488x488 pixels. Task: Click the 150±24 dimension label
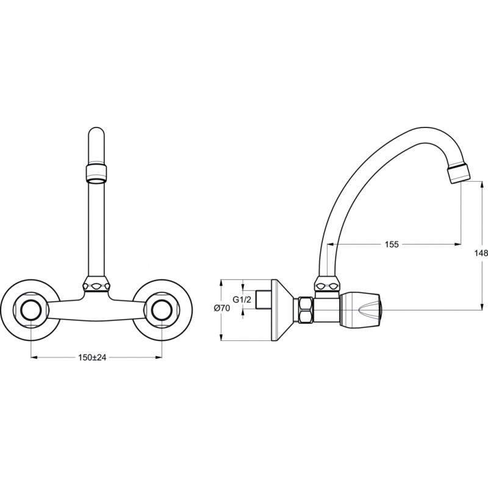click(92, 357)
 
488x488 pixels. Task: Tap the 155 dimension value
click(392, 245)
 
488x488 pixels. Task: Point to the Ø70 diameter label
click(222, 308)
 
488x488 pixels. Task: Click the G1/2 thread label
click(242, 300)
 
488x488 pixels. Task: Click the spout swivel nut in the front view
click(96, 284)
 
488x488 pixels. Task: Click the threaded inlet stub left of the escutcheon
click(264, 300)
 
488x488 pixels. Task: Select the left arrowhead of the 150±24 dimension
click(34, 357)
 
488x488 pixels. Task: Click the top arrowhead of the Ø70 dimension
click(221, 282)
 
